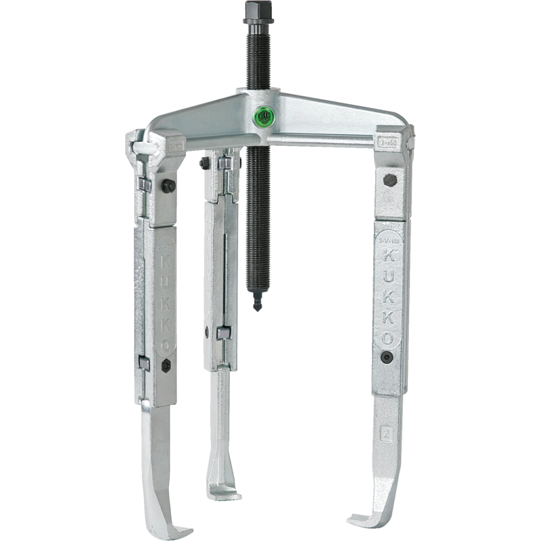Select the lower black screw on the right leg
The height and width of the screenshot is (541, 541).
385,358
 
